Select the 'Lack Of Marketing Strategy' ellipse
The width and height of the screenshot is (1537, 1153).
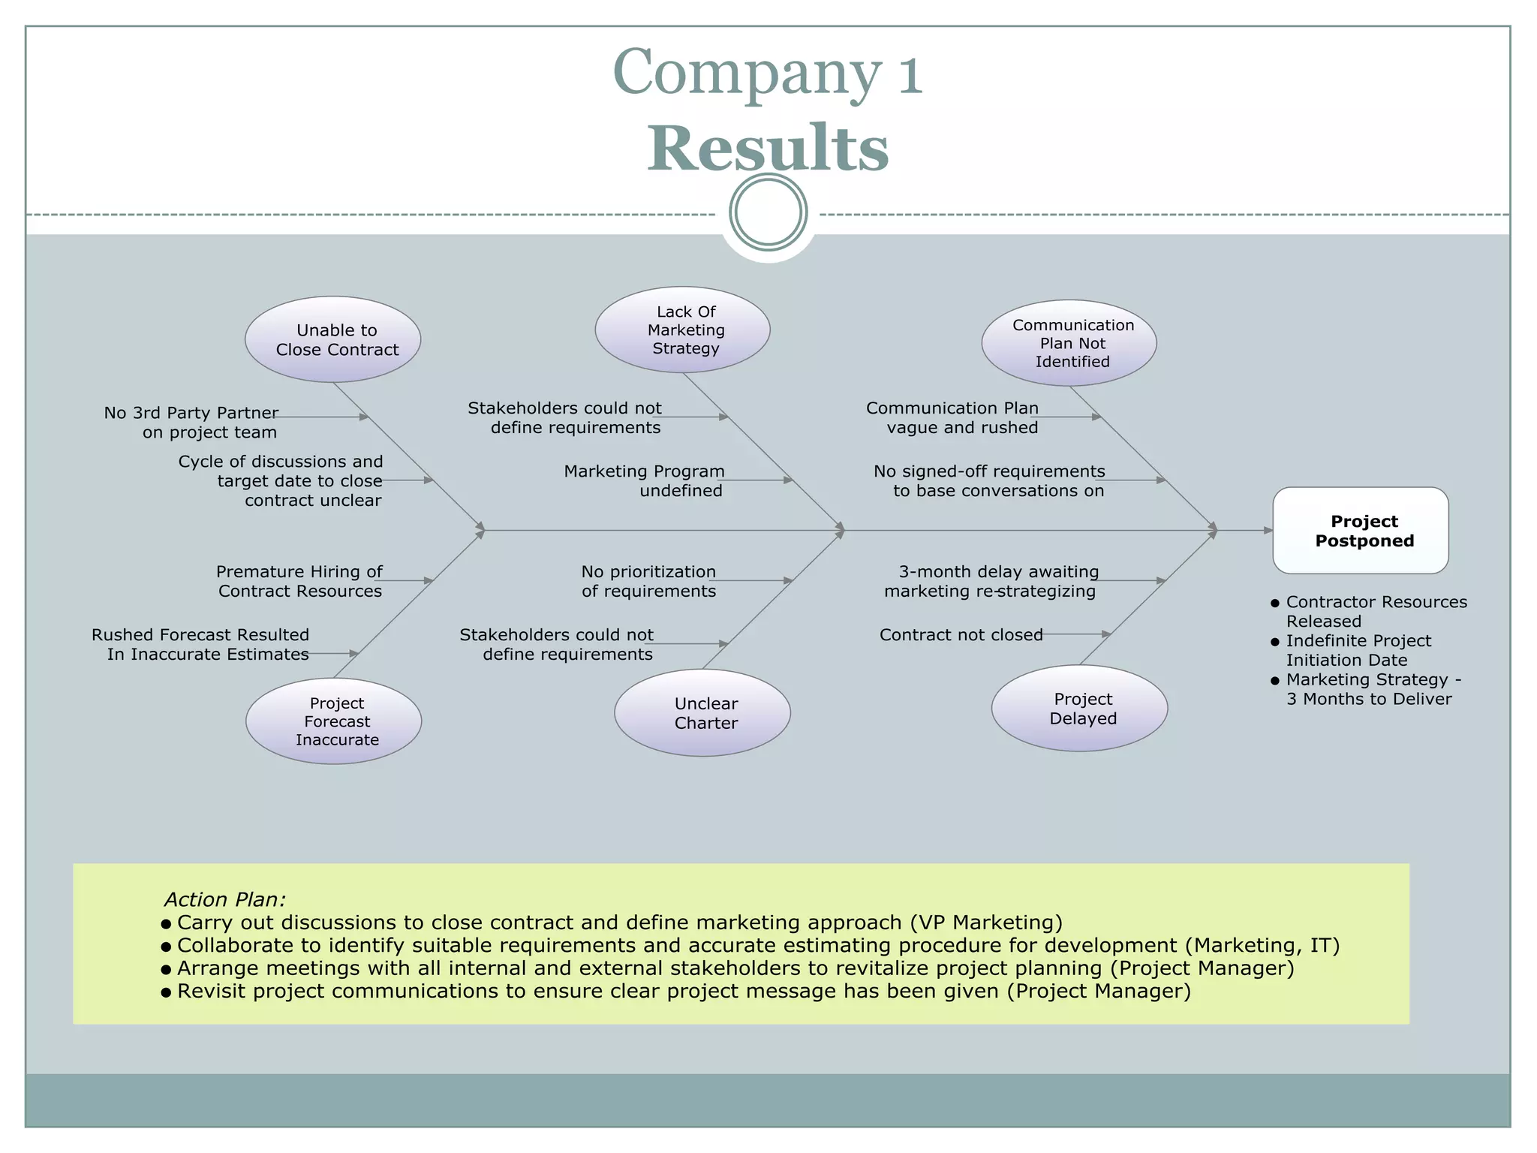click(682, 330)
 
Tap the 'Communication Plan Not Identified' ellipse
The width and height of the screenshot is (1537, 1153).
click(1069, 343)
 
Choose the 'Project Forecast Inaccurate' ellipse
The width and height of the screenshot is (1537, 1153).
click(333, 721)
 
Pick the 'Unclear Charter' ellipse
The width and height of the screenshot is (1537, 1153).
click(702, 713)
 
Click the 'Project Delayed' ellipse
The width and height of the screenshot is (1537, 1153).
click(1079, 708)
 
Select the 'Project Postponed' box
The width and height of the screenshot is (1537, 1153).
click(1361, 531)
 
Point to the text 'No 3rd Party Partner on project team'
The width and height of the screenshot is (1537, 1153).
click(191, 423)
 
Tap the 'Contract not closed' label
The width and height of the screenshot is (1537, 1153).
click(961, 635)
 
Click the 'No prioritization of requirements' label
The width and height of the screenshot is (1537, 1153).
click(648, 581)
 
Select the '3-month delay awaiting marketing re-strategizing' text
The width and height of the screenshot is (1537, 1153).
click(991, 581)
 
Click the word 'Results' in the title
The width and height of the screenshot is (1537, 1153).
click(768, 148)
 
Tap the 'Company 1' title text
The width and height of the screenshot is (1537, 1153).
click(768, 73)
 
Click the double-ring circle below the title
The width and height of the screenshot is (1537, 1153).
click(768, 212)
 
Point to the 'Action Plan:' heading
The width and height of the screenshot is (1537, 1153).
click(224, 899)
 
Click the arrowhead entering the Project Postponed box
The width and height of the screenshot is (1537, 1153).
click(1268, 531)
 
